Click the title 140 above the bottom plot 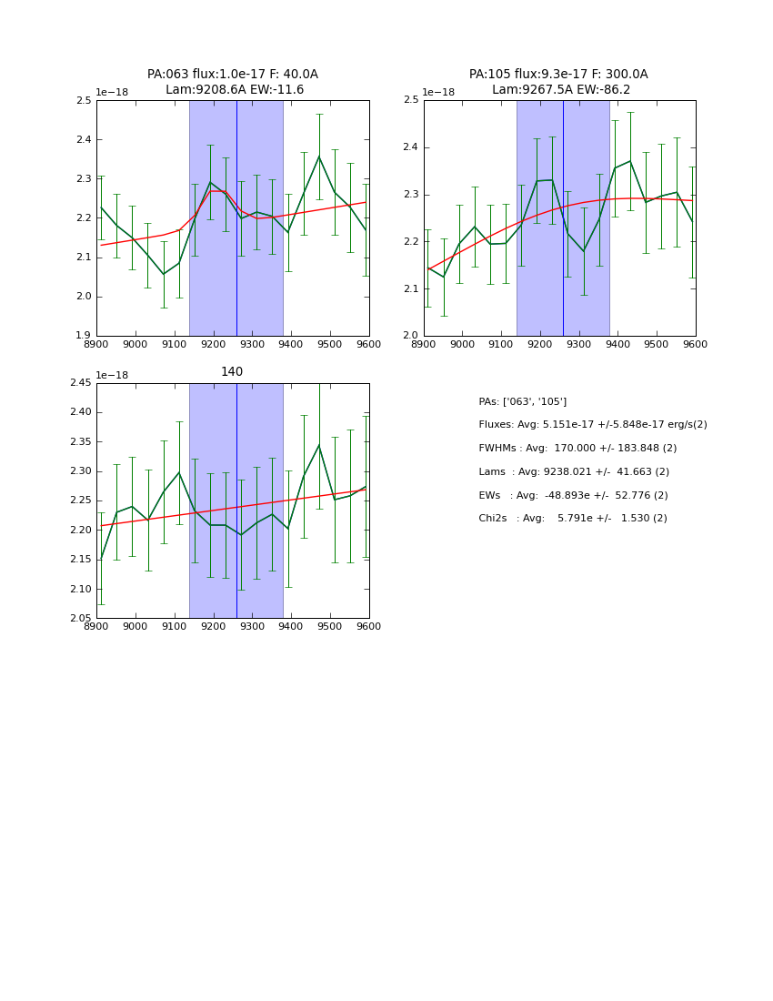(232, 372)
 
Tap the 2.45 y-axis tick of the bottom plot (79, 383)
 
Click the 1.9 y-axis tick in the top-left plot (83, 336)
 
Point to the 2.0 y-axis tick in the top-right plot (410, 336)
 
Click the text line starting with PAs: (522, 401)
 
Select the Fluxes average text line (592, 425)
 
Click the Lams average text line (574, 472)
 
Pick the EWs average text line (573, 495)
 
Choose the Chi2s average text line (573, 519)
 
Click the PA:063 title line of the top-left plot (233, 75)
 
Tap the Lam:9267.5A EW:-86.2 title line (560, 90)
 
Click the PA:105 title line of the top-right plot (558, 75)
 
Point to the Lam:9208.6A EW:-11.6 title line (235, 90)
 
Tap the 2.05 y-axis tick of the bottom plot (79, 619)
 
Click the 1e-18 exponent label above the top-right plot (438, 93)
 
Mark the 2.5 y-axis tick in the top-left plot (83, 101)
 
